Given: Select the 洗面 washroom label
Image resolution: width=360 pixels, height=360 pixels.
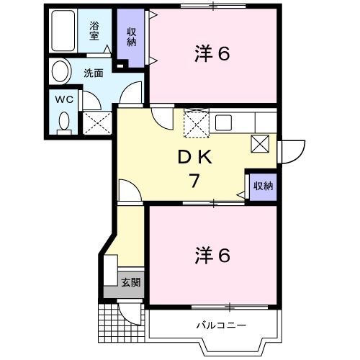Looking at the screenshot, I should point(93,73).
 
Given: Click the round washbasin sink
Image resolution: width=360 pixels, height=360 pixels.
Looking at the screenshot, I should point(61,72).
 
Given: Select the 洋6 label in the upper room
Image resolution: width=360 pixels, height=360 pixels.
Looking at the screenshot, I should point(212,54).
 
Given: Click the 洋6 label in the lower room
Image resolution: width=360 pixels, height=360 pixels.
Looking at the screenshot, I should point(212,256).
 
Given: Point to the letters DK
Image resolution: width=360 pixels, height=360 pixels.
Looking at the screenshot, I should point(194,158).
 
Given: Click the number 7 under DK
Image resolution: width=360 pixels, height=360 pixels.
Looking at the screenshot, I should point(194,181).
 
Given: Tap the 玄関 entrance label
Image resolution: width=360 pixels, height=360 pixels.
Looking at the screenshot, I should point(130,282).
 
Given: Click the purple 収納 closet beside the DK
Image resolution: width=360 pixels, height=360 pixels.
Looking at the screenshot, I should point(263,186).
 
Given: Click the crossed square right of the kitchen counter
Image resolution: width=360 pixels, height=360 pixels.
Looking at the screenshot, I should point(259,144).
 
